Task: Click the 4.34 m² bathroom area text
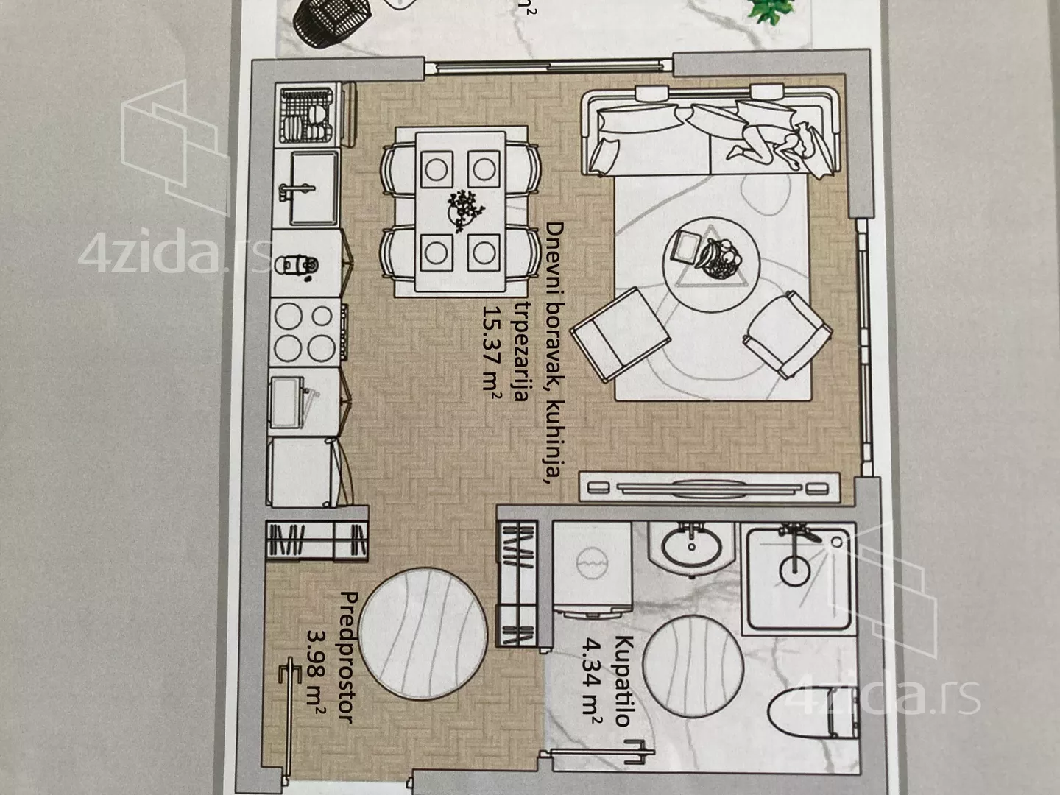pyautogui.click(x=591, y=681)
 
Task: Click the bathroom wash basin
pyautogui.click(x=691, y=547)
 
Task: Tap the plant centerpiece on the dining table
pyautogui.click(x=465, y=208)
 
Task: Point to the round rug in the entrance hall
pyautogui.click(x=423, y=633)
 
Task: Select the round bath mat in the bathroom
pyautogui.click(x=693, y=667)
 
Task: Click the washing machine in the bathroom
pyautogui.click(x=593, y=568)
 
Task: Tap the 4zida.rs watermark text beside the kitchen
pyautogui.click(x=174, y=255)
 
